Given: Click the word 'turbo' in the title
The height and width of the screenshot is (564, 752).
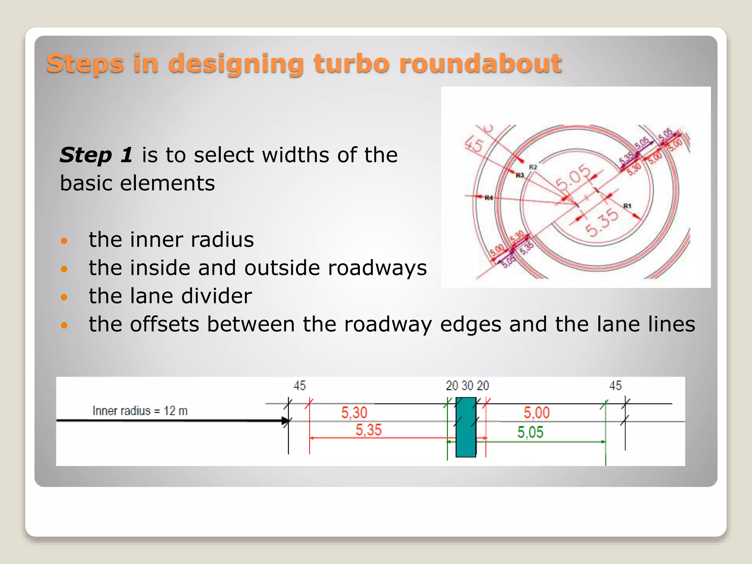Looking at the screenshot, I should (x=351, y=63).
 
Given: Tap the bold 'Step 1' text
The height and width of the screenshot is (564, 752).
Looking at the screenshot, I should (x=96, y=155).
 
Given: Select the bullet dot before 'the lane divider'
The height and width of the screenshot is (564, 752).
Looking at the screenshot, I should (x=64, y=297).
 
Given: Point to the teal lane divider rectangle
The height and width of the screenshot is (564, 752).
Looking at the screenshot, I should (x=466, y=427).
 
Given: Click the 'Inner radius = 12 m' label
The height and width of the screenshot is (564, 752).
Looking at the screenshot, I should (x=140, y=411).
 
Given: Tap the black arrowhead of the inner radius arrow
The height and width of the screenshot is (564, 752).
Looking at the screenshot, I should (x=285, y=421).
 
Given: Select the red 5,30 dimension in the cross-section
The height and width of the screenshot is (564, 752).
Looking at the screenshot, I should (x=354, y=412).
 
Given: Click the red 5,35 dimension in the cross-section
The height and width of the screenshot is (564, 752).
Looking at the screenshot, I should (x=368, y=430).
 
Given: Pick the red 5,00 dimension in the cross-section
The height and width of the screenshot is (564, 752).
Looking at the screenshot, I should (x=536, y=412).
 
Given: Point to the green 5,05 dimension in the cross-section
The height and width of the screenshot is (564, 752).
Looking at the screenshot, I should (x=530, y=432).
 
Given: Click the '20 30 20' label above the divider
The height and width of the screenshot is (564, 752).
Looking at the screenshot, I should (x=467, y=386).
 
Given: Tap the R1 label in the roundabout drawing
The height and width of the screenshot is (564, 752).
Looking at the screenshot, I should (x=627, y=206).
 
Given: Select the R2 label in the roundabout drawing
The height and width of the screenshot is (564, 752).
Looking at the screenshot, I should (x=533, y=167).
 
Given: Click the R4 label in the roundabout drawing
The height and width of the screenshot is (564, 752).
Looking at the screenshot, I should (x=489, y=198).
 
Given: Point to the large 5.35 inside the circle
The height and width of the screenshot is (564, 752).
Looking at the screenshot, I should (x=601, y=222).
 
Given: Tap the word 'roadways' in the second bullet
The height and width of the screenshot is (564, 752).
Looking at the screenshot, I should (x=377, y=268).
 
